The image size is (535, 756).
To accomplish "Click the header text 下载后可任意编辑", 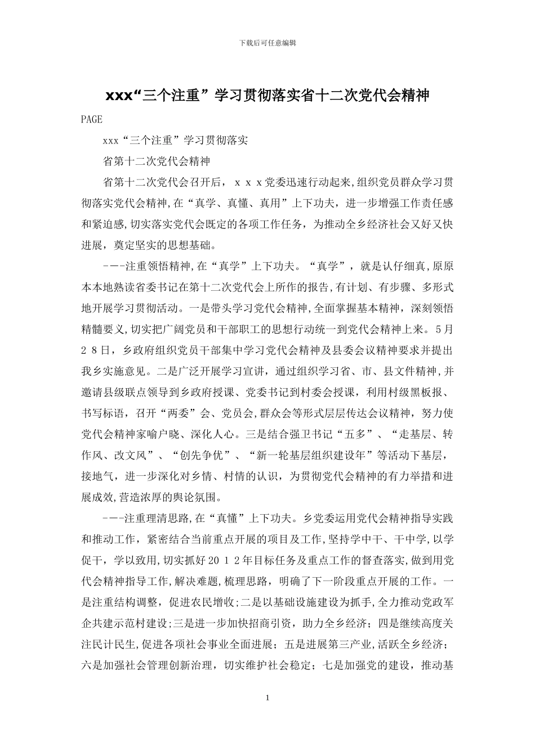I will [267, 42].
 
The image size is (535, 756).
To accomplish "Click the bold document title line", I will [267, 96].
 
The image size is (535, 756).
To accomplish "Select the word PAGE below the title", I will [92, 119].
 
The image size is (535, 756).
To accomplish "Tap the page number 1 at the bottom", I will [267, 697].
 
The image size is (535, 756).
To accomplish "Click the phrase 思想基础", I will [200, 245].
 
